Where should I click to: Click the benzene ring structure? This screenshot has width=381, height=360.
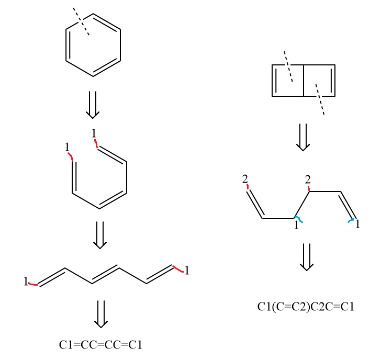93,45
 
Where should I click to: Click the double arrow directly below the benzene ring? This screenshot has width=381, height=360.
93,105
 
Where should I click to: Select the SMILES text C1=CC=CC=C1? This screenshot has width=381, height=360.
100,344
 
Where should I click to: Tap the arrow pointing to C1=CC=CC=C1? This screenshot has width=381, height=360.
101,313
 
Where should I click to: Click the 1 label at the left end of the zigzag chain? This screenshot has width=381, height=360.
25,282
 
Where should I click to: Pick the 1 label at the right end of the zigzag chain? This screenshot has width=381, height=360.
187,271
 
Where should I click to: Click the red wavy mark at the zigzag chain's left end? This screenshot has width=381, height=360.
33,284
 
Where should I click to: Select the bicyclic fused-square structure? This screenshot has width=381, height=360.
304,81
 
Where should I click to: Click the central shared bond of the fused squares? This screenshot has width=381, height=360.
304,81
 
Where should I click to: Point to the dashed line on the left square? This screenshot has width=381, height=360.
288,66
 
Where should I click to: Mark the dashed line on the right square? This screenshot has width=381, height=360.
320,99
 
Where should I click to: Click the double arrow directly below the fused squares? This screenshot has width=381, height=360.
303,137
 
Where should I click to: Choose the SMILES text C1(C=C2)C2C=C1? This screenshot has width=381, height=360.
306,307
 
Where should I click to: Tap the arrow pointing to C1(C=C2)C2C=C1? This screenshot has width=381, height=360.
307,256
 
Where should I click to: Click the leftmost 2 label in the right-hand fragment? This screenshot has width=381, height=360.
245,179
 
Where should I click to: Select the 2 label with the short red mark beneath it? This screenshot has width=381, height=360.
308,179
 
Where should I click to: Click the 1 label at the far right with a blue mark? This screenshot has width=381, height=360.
357,224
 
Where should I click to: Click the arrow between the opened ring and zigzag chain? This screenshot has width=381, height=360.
100,234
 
